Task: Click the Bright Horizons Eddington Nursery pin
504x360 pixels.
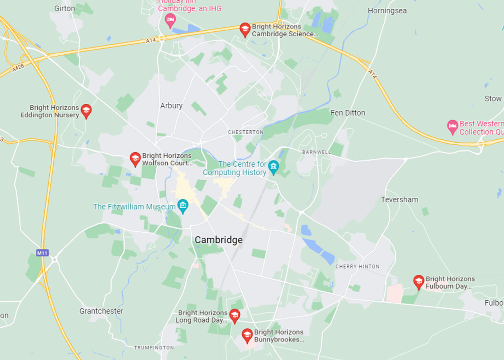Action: (86, 111)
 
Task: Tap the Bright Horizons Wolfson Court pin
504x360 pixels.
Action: (135, 159)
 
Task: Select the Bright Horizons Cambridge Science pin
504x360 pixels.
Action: (245, 30)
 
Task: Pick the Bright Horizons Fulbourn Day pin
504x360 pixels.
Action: (418, 282)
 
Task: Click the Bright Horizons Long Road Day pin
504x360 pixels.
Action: (235, 316)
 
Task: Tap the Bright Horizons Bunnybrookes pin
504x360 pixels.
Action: (247, 335)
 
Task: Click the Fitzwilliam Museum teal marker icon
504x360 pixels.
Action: (183, 206)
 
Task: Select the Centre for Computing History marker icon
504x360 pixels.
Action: (274, 167)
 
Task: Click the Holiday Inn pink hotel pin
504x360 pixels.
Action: (170, 20)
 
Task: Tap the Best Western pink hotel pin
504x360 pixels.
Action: (453, 127)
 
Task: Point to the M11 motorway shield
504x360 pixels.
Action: (42, 253)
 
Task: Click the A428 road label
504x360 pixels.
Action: (18, 67)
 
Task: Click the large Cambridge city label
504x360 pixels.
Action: (219, 240)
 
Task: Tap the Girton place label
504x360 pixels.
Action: (65, 8)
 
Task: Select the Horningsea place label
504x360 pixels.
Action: (387, 11)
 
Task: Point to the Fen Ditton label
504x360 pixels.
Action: (348, 113)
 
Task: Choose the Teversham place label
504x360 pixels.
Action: (400, 199)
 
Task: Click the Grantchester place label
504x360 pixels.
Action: (101, 311)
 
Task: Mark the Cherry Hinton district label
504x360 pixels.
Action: (357, 266)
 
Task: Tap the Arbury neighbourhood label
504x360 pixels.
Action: (171, 105)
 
